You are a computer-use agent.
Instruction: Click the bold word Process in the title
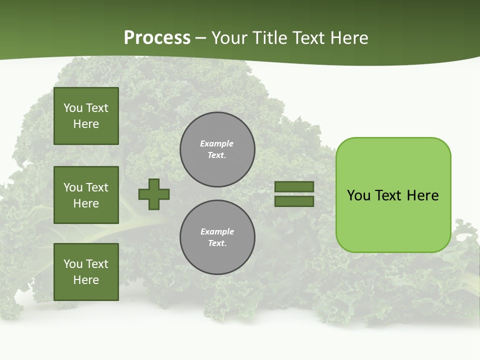tap(157, 38)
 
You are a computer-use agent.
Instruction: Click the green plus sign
tap(154, 194)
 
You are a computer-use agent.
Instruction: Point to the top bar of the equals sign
tap(294, 186)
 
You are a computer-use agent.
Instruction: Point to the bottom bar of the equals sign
tap(294, 201)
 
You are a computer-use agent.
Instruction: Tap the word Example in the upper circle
tap(216, 143)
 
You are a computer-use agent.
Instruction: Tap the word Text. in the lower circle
tap(217, 243)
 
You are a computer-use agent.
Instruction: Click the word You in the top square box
tap(72, 108)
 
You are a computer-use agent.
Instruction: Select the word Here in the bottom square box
tap(86, 280)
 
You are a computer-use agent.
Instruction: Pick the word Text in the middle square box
tap(97, 187)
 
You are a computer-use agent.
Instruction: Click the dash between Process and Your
tap(200, 38)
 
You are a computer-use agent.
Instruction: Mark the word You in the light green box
tap(358, 195)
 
